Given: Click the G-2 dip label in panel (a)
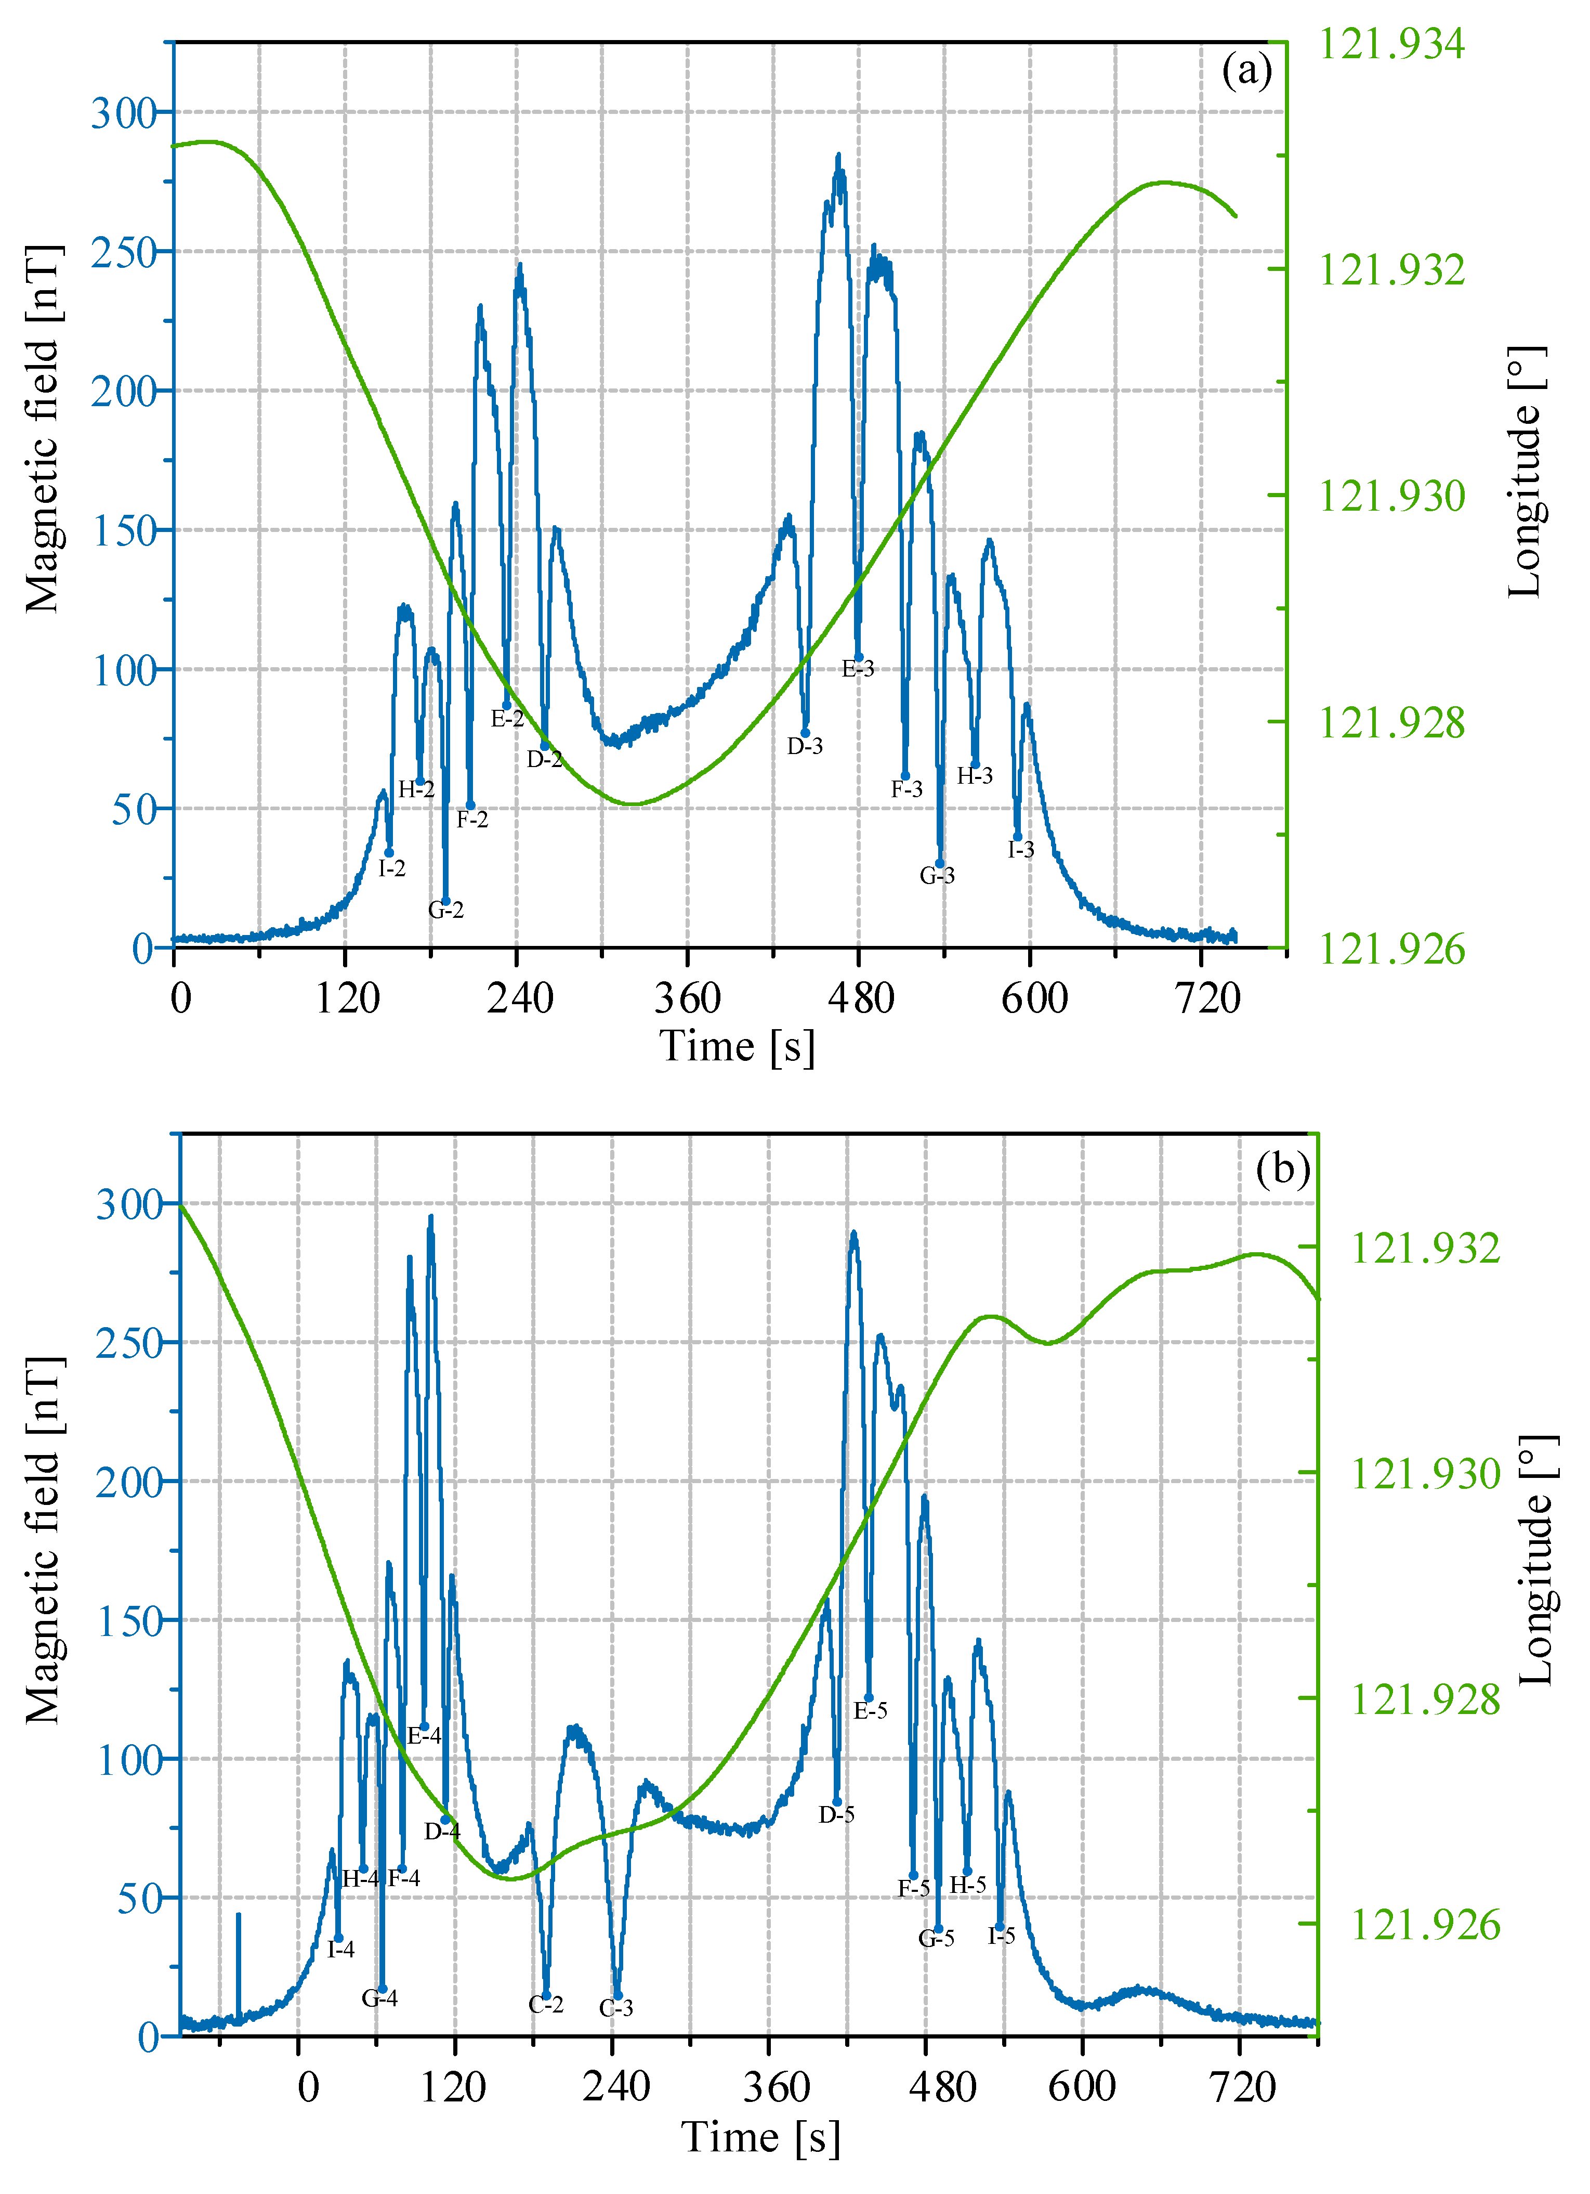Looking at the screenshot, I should (446, 910).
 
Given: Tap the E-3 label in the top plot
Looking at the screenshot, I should (858, 668).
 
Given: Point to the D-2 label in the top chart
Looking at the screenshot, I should (545, 759).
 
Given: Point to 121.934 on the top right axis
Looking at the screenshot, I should (1392, 44).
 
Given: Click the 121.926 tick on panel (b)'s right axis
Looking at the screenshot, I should (1425, 1925).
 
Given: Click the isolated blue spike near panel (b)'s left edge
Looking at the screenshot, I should (239, 1964).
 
